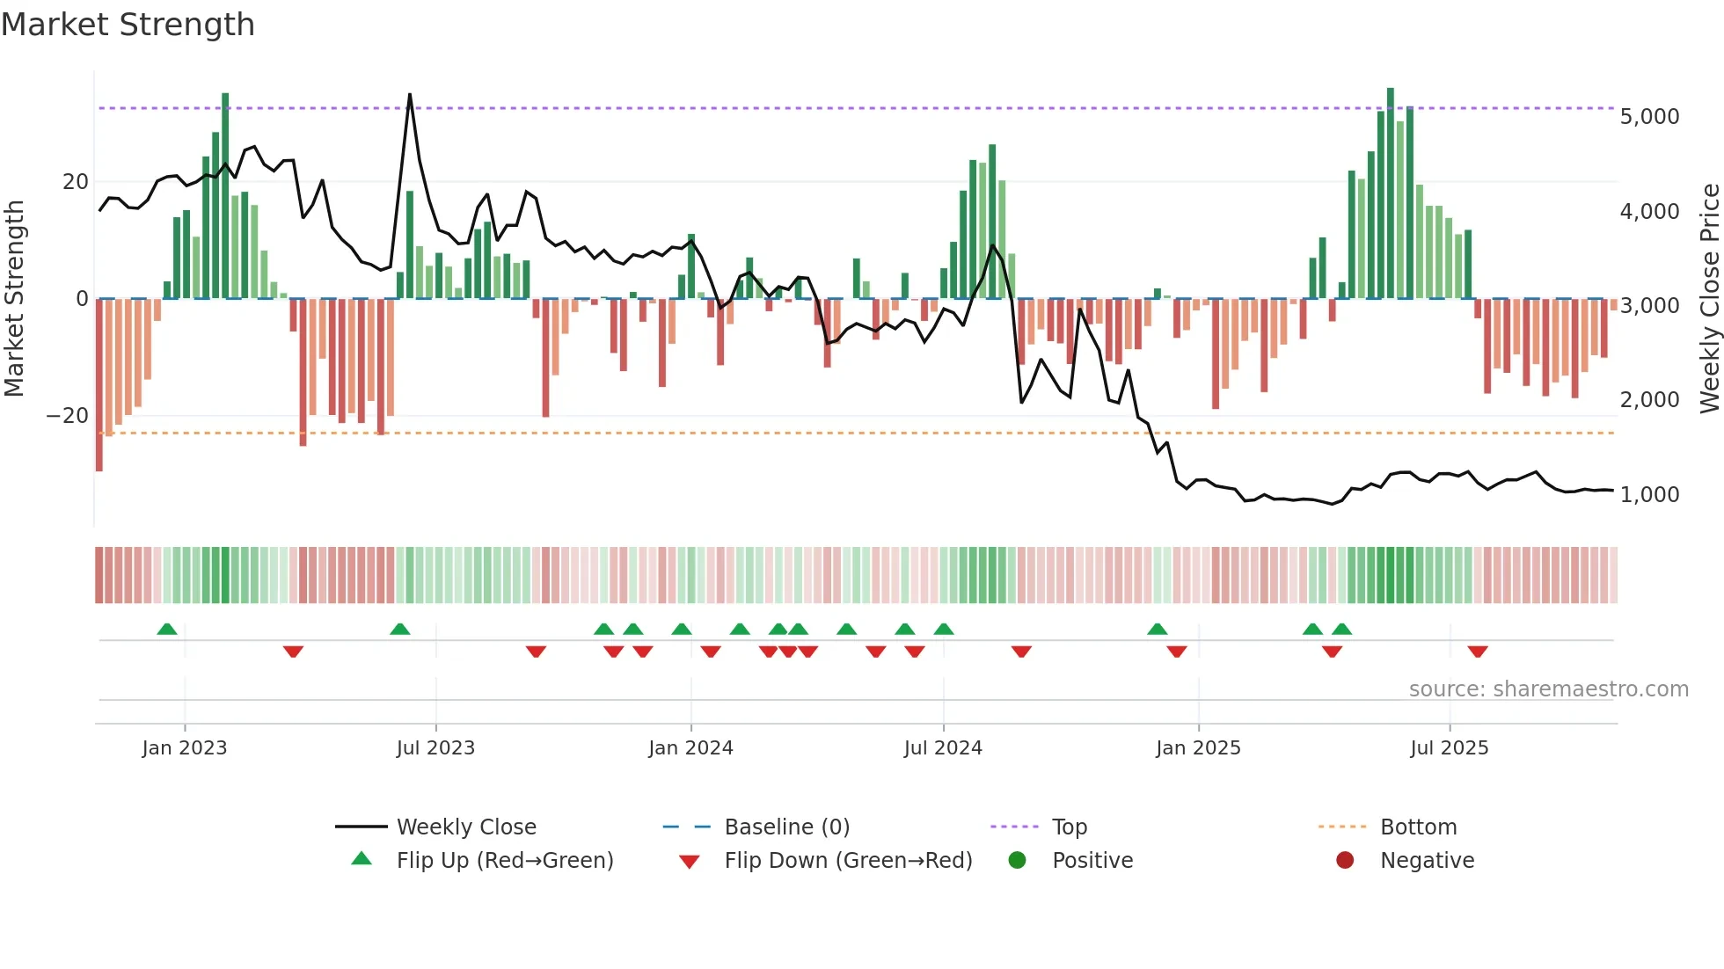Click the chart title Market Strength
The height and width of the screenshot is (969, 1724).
(x=128, y=25)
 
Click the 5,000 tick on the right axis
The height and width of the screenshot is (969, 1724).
(x=1649, y=117)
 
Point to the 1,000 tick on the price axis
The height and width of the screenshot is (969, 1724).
(x=1649, y=495)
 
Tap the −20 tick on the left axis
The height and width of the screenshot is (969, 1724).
(x=68, y=416)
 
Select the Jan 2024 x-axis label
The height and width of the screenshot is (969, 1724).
(x=690, y=748)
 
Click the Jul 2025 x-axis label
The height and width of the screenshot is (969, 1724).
(x=1449, y=748)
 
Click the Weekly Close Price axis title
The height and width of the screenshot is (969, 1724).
(x=1709, y=298)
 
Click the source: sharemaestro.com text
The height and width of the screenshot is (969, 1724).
(x=1548, y=689)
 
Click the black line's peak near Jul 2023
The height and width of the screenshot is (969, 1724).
(x=409, y=95)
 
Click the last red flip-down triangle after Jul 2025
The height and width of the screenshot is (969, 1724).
(x=1478, y=652)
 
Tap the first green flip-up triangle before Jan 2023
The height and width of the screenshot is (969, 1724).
(x=167, y=629)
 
